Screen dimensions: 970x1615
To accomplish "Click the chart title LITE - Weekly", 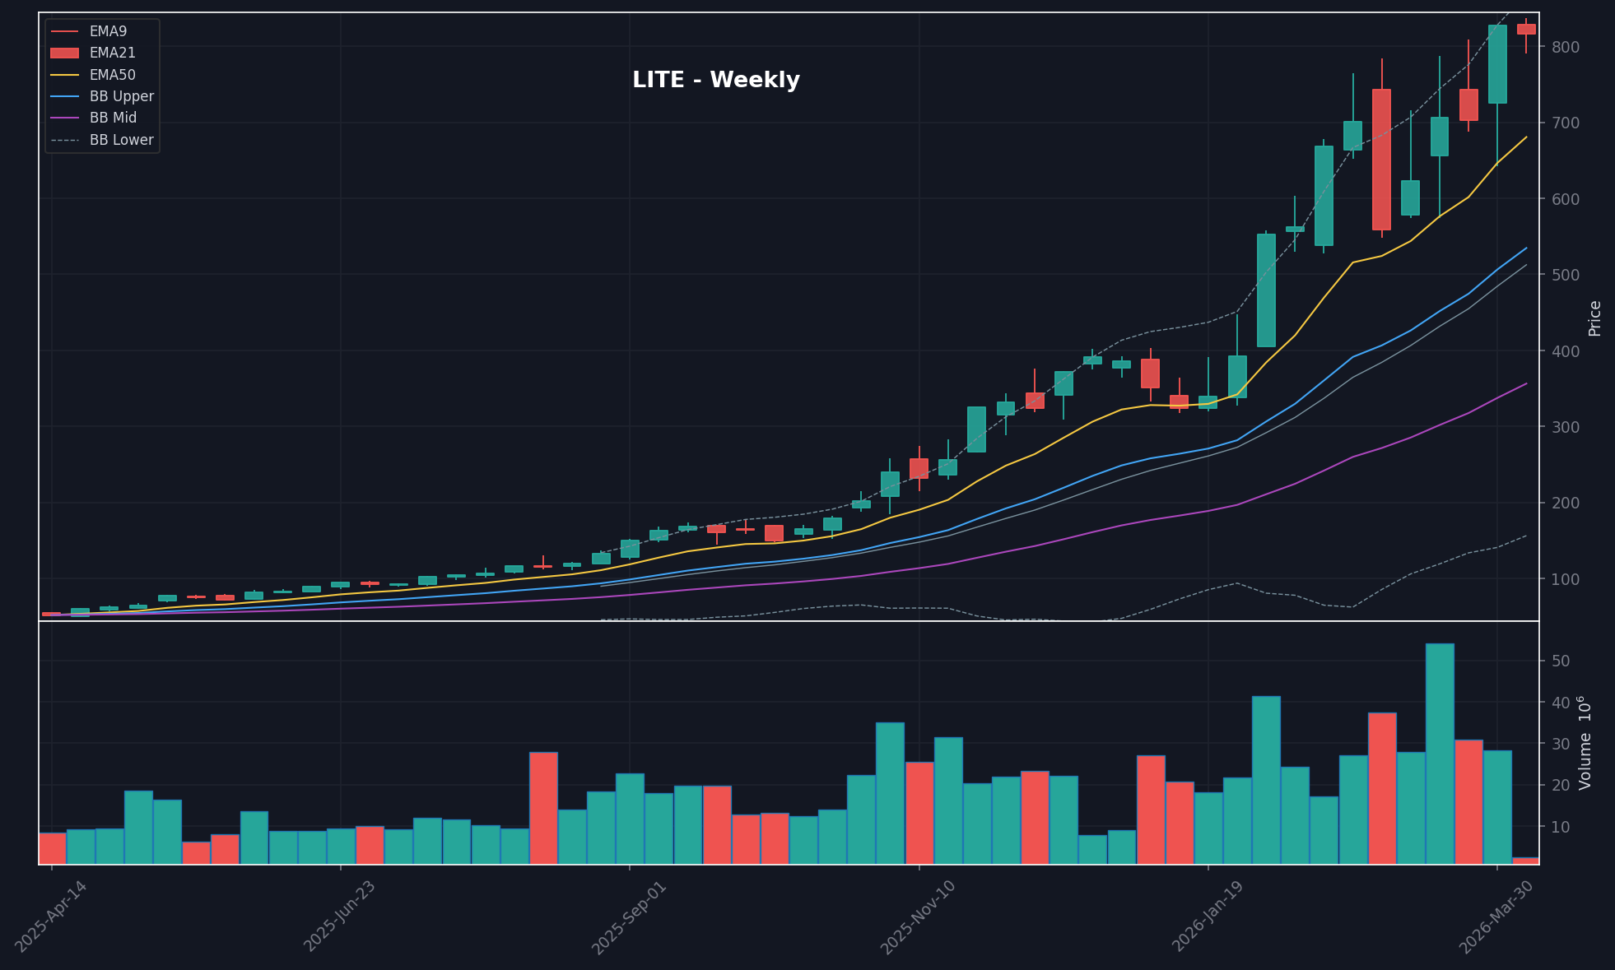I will (x=715, y=81).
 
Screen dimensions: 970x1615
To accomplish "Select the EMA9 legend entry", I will (x=108, y=31).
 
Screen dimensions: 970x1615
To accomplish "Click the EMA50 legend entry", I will (x=112, y=75).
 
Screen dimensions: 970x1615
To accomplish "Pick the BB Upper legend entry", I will (x=121, y=96).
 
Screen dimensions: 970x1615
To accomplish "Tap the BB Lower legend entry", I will (x=121, y=140).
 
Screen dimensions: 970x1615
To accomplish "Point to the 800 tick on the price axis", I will (x=1565, y=47).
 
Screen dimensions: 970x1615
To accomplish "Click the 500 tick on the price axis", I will (x=1565, y=275).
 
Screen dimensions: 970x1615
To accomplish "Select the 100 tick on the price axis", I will (x=1565, y=579).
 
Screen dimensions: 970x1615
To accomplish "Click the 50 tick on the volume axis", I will (x=1561, y=661).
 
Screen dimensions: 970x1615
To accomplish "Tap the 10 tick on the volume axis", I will (x=1561, y=827).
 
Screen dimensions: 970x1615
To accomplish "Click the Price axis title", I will (x=1594, y=318).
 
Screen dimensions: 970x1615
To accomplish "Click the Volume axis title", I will (x=1585, y=743).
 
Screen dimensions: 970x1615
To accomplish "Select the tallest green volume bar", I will (x=1439, y=753).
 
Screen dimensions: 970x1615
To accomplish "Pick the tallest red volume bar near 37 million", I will (x=1381, y=787).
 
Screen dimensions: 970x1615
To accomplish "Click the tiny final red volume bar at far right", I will (x=1525, y=861).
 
